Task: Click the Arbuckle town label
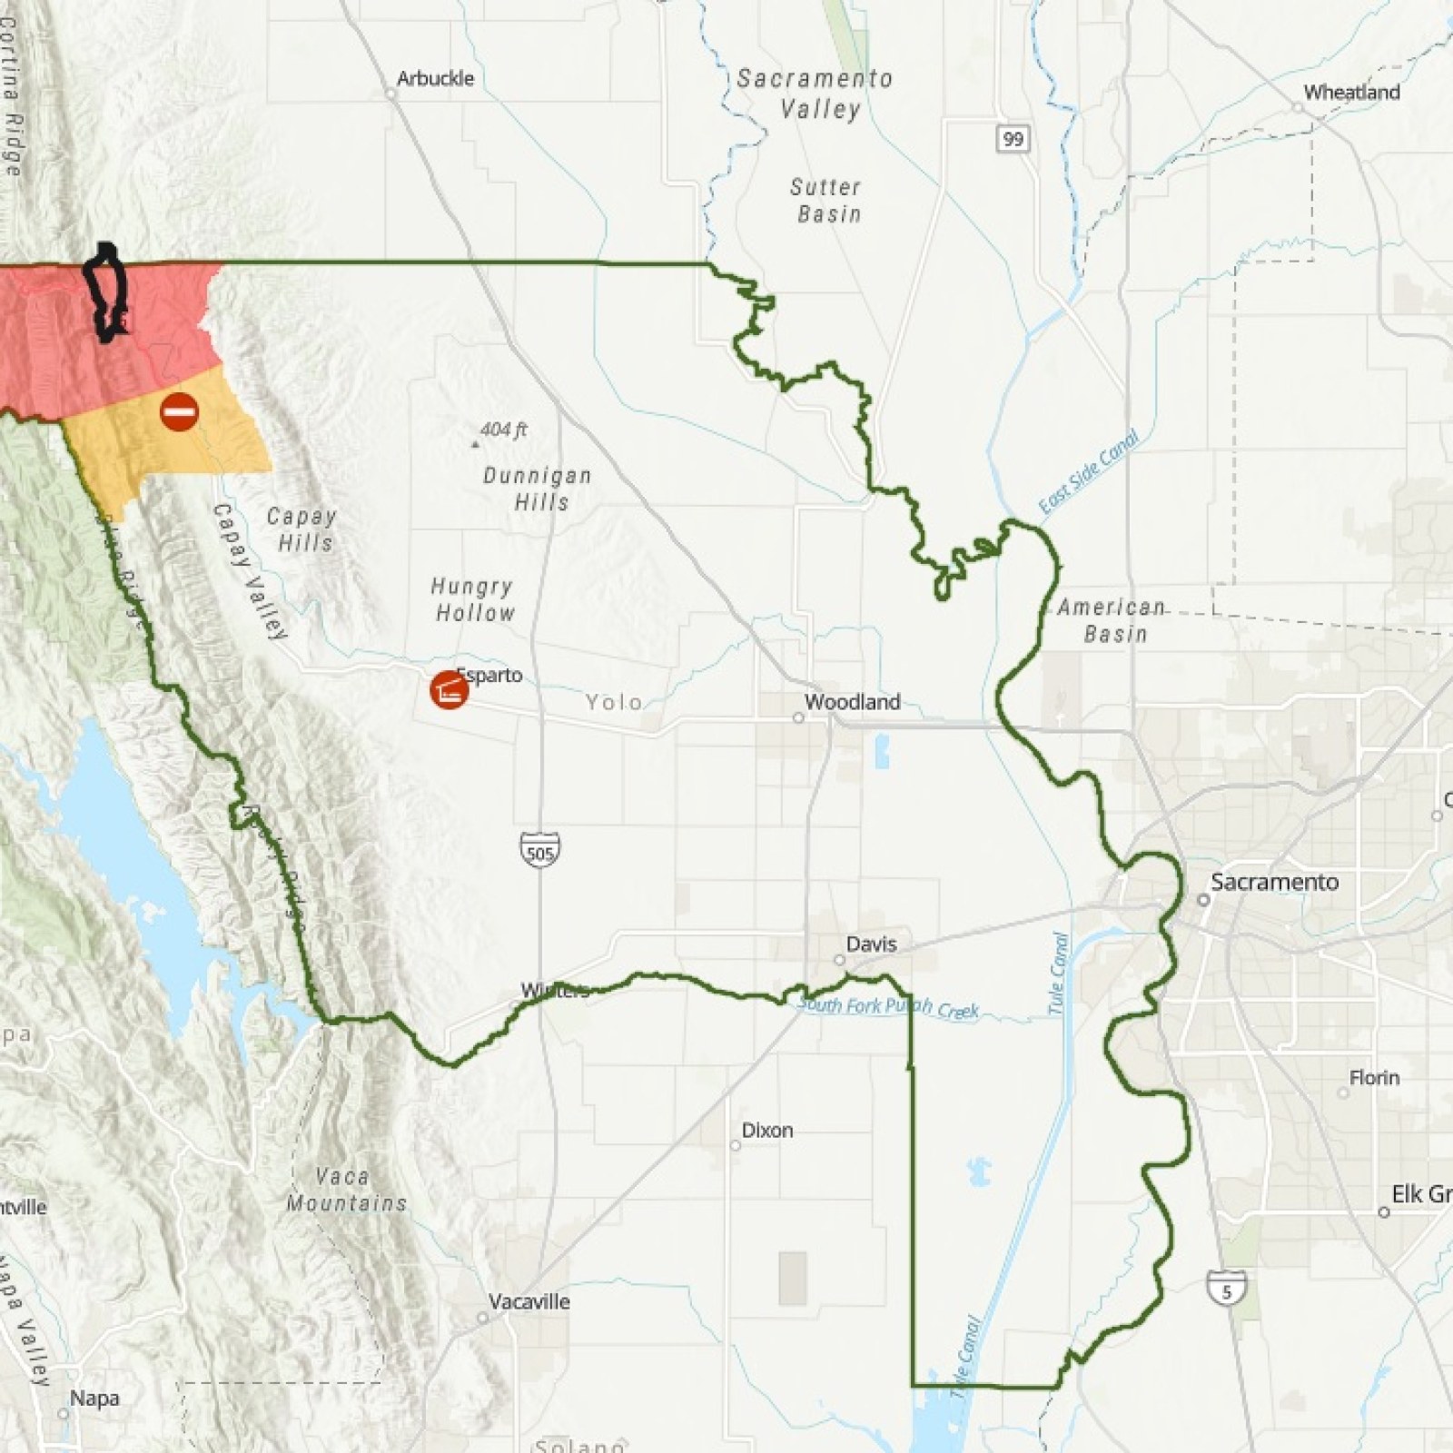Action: point(435,79)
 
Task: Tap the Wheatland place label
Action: point(1351,93)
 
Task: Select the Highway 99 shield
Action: point(1013,139)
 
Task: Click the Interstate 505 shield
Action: point(539,851)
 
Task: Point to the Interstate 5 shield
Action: point(1226,1289)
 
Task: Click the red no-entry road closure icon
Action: point(179,412)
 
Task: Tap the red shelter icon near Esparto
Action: point(449,690)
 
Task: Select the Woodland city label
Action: point(852,702)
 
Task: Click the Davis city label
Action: point(871,944)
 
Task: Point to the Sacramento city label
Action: point(1274,882)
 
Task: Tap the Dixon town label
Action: point(767,1131)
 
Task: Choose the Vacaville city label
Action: point(529,1301)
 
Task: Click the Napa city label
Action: point(94,1398)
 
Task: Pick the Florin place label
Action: point(1374,1078)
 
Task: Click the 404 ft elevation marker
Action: point(502,430)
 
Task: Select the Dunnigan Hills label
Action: point(538,489)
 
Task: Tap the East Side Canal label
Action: point(1088,472)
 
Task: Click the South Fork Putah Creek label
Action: point(887,1007)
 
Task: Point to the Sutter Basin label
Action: point(825,201)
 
